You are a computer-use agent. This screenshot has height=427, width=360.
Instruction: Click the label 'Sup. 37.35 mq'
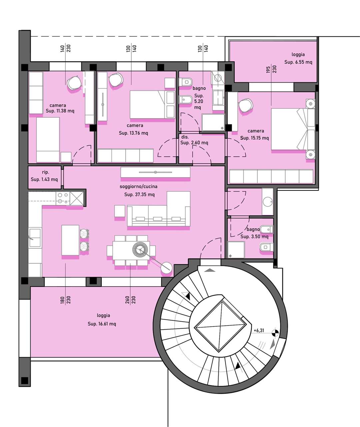click(x=139, y=194)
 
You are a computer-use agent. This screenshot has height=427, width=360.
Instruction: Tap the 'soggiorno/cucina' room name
click(x=139, y=186)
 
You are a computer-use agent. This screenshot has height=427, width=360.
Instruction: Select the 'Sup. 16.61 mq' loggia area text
click(x=102, y=324)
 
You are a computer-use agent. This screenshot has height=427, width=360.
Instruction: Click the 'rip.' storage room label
click(x=45, y=172)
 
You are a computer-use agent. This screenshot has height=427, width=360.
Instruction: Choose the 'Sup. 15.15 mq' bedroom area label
click(x=254, y=138)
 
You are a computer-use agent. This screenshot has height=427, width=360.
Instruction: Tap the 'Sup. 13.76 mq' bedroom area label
click(x=133, y=133)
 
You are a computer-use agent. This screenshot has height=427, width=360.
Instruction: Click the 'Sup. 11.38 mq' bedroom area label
click(x=60, y=111)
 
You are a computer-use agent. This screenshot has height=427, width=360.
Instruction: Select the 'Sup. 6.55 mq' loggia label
click(x=298, y=62)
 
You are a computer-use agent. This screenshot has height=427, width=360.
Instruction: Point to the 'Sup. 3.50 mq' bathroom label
click(x=254, y=237)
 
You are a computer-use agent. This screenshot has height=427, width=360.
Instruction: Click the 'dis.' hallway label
click(x=185, y=137)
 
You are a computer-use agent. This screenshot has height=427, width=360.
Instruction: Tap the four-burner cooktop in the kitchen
click(x=63, y=198)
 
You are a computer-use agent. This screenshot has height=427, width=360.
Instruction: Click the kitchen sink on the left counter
click(x=35, y=238)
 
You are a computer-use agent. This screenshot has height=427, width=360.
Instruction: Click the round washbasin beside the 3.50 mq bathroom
click(x=268, y=202)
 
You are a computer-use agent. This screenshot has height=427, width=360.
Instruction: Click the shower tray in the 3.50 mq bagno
click(x=236, y=250)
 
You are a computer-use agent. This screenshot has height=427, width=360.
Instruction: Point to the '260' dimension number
click(x=127, y=300)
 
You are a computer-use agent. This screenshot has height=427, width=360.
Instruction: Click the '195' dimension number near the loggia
click(x=268, y=69)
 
